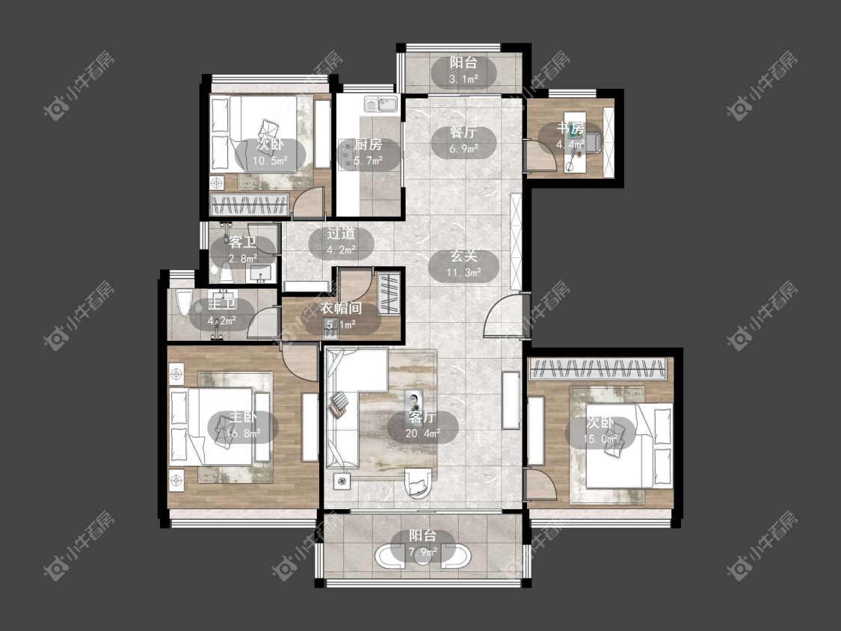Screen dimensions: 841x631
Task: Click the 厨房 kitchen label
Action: pyautogui.click(x=369, y=144)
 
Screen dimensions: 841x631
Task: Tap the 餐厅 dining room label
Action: pyautogui.click(x=463, y=132)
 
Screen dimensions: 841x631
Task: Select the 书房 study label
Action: pyautogui.click(x=570, y=129)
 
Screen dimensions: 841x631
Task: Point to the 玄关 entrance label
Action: pyautogui.click(x=463, y=256)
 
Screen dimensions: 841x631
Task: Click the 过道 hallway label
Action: pyautogui.click(x=341, y=233)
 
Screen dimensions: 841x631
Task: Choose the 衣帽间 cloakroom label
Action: pyautogui.click(x=341, y=309)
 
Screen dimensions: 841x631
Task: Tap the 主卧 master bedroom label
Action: pyautogui.click(x=243, y=417)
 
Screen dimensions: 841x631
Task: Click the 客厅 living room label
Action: pyautogui.click(x=422, y=417)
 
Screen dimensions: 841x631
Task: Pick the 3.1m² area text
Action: pyautogui.click(x=463, y=79)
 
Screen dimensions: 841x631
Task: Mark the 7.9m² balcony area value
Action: pyautogui.click(x=422, y=551)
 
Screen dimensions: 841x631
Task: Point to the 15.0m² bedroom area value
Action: pyautogui.click(x=600, y=440)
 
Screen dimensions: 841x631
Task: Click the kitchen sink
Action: pyautogui.click(x=381, y=104)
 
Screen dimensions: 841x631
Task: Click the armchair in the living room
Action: pyautogui.click(x=419, y=482)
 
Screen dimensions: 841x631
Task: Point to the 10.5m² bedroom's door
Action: pyautogui.click(x=309, y=203)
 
